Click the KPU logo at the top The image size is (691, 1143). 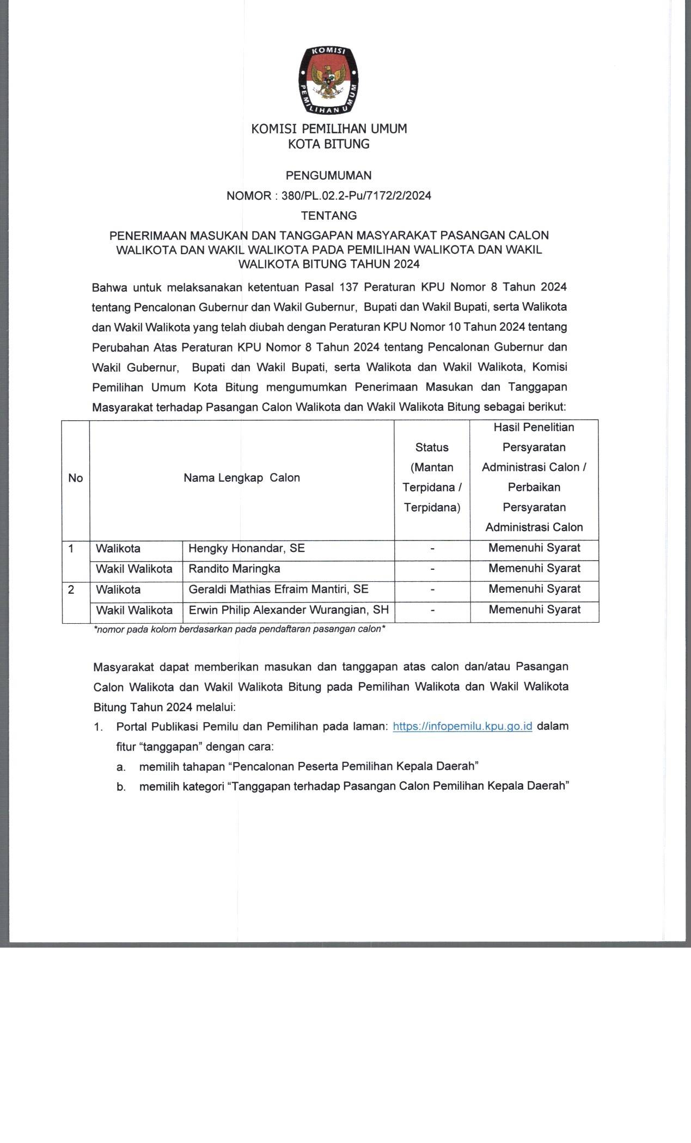pyautogui.click(x=328, y=81)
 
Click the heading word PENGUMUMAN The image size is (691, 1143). pyautogui.click(x=328, y=175)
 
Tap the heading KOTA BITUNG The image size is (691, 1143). pyautogui.click(x=328, y=144)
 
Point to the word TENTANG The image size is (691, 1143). pyautogui.click(x=328, y=216)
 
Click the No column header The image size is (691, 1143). pyautogui.click(x=76, y=478)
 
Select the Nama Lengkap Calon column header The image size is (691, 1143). pyautogui.click(x=242, y=478)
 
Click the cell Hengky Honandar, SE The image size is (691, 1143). pyautogui.click(x=247, y=548)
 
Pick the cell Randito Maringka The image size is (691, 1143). pyautogui.click(x=234, y=569)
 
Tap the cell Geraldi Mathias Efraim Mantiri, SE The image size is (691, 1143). pyautogui.click(x=278, y=589)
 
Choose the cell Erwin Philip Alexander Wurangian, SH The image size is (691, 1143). pyautogui.click(x=289, y=610)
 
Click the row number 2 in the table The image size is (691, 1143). pyautogui.click(x=71, y=589)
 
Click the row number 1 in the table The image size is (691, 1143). pyautogui.click(x=71, y=549)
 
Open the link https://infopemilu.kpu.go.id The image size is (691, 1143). pyautogui.click(x=462, y=726)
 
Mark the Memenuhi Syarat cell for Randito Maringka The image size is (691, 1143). pyautogui.click(x=534, y=568)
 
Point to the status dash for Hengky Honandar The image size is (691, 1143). pyautogui.click(x=432, y=549)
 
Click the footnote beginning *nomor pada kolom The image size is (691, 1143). pyautogui.click(x=240, y=629)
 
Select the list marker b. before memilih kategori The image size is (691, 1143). pyautogui.click(x=121, y=786)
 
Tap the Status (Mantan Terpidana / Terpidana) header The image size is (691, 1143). pyautogui.click(x=432, y=477)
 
